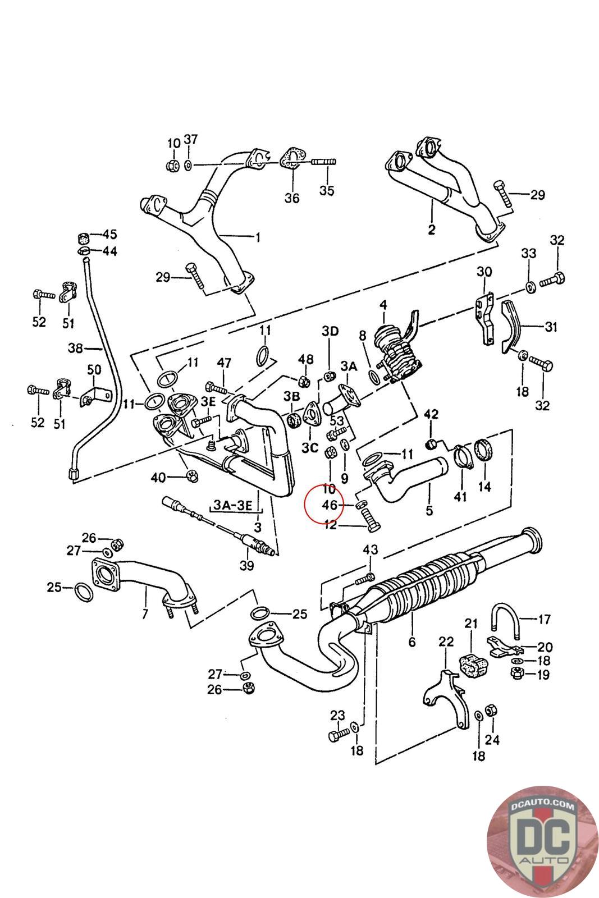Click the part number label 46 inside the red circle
point(330,505)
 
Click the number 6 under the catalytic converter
point(412,642)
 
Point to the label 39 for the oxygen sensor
point(246,566)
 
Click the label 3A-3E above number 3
point(234,505)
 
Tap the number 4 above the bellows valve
point(383,305)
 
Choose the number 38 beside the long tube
point(76,349)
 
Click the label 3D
point(330,331)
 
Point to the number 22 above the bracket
point(446,642)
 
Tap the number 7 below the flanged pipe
point(145,613)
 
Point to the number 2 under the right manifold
point(431,229)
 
